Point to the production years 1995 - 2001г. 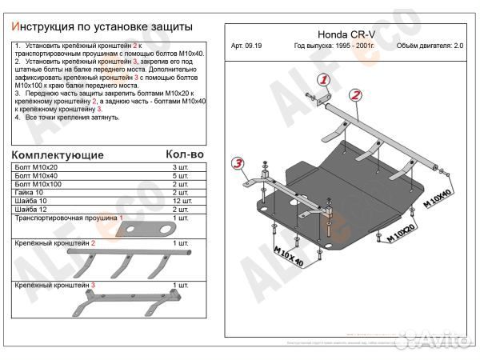326,46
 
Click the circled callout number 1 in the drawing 324,80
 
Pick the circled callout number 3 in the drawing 238,165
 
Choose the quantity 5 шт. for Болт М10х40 181,177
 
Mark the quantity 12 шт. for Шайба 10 180,201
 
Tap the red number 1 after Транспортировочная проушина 120,218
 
